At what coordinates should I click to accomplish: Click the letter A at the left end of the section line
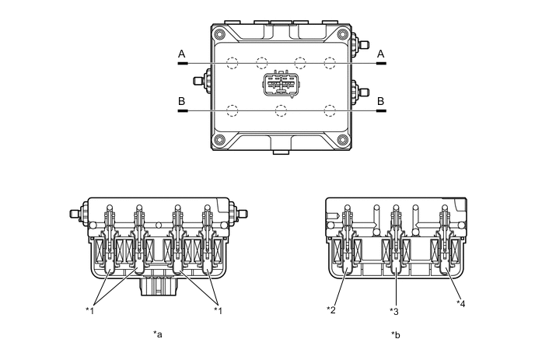point(182,54)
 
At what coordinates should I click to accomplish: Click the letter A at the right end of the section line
point(381,54)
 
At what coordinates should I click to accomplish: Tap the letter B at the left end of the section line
point(182,101)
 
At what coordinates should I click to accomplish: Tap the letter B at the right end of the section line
point(381,101)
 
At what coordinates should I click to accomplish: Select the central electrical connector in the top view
point(281,85)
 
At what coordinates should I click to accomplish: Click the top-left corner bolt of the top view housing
point(220,33)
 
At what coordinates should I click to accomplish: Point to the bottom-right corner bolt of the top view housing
point(341,141)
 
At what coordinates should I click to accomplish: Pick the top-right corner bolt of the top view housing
point(341,33)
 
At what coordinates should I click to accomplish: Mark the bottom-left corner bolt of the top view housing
point(220,141)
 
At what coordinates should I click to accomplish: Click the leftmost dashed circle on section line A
point(231,63)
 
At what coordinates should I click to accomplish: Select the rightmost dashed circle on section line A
point(330,63)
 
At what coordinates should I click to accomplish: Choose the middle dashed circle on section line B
point(281,110)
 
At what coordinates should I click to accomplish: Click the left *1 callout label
point(90,309)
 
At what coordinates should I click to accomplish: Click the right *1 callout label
point(219,309)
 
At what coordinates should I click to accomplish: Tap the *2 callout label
point(332,309)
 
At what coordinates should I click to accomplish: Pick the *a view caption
point(159,335)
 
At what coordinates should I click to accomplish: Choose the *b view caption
point(396,335)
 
